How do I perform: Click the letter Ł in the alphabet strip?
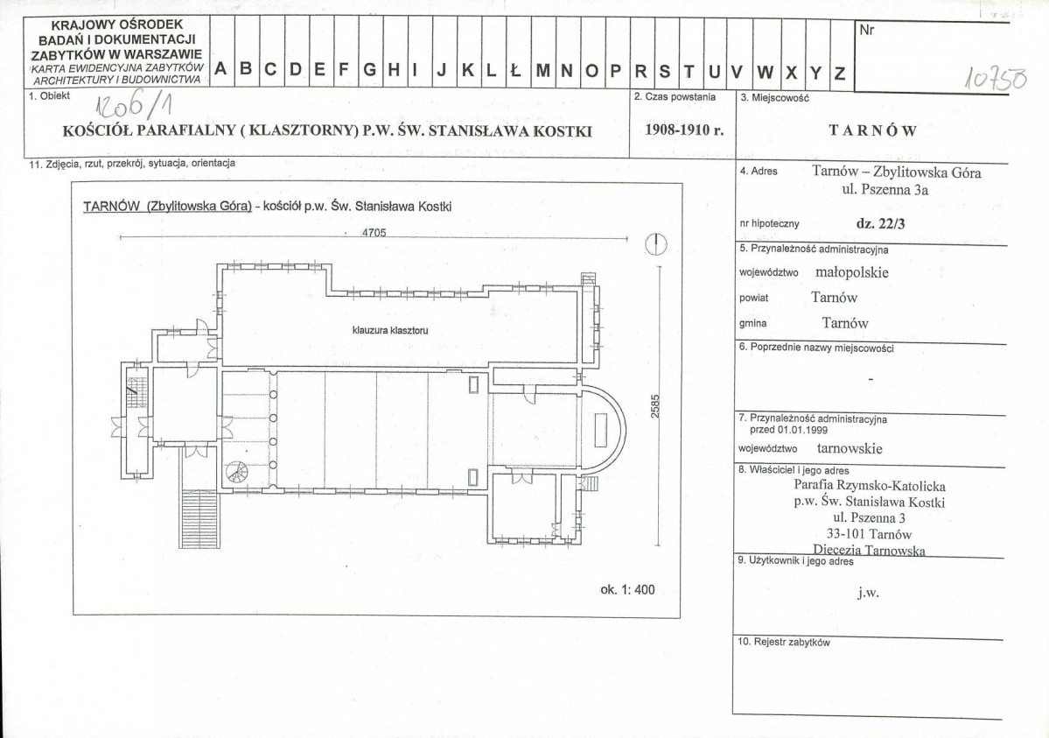click(515, 70)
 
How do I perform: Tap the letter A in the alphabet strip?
click(220, 69)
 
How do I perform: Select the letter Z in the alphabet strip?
click(840, 73)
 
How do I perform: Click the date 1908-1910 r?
click(684, 130)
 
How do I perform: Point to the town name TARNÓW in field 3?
click(872, 130)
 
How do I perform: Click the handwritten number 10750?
click(995, 79)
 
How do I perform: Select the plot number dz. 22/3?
click(880, 224)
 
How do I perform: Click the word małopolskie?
click(851, 272)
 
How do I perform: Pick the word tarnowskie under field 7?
click(850, 449)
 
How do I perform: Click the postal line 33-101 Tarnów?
click(869, 534)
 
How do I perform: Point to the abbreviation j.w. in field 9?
click(868, 593)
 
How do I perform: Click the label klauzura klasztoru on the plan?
click(390, 330)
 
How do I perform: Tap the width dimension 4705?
click(374, 233)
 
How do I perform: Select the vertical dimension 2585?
click(655, 406)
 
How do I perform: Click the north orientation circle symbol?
click(656, 244)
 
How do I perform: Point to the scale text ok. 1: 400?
click(627, 590)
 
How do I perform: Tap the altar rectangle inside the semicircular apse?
click(600, 431)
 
